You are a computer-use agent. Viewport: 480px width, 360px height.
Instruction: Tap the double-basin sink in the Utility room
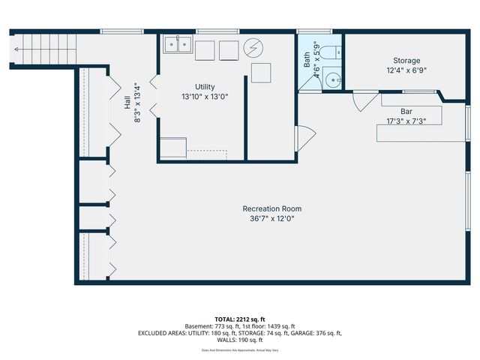(178, 45)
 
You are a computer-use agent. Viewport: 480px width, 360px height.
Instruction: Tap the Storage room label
(406, 61)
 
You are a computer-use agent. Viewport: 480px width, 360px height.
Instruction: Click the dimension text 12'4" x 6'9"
(406, 70)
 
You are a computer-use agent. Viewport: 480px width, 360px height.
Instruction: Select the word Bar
(406, 111)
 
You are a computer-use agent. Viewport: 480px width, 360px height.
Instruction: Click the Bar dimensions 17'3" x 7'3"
(406, 121)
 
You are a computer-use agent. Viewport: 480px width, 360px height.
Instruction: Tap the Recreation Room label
(271, 208)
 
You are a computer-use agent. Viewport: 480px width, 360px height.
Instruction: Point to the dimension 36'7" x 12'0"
(271, 219)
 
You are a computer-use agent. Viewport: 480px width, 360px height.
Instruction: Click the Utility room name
(205, 87)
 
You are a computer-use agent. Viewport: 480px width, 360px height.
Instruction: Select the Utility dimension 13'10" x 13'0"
(205, 97)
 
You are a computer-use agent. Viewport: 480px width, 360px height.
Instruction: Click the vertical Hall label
(128, 107)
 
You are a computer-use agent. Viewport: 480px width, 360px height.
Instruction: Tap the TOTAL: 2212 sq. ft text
(240, 318)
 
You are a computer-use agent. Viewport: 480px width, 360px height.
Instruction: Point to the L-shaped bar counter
(409, 127)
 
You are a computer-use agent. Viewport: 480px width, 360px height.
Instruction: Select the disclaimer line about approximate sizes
(240, 350)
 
